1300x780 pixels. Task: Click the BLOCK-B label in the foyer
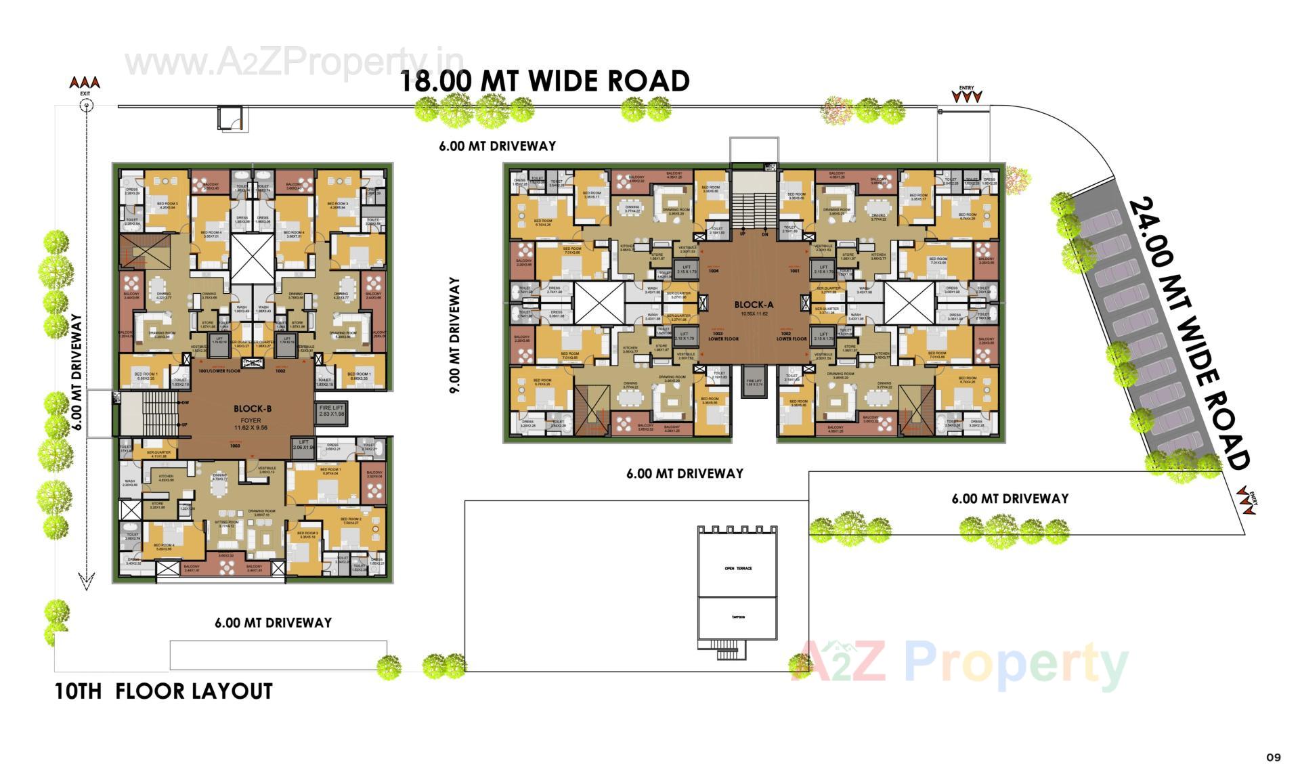point(252,408)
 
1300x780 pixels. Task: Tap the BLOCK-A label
point(754,305)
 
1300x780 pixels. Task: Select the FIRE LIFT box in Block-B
point(332,411)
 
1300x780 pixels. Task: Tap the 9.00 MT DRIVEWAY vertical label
point(454,335)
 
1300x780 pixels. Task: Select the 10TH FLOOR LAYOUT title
point(163,691)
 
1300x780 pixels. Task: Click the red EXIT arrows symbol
point(85,83)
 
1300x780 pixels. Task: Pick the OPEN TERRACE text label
point(738,568)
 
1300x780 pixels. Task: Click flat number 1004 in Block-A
point(713,270)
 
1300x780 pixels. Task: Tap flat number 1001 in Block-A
point(794,270)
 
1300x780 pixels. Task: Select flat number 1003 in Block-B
point(235,446)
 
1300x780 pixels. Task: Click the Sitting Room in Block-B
point(226,523)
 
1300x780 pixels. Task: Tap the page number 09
point(1273,757)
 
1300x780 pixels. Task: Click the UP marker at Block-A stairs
point(742,234)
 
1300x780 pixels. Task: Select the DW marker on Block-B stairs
point(184,403)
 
